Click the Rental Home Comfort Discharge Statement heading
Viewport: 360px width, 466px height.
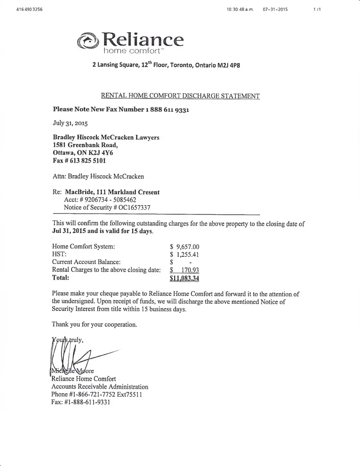pyautogui.click(x=180, y=96)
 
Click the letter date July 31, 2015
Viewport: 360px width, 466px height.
pyautogui.click(x=70, y=123)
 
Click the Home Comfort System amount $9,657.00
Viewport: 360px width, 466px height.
pyautogui.click(x=185, y=247)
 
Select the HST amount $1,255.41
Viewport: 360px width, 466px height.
pyautogui.click(x=185, y=254)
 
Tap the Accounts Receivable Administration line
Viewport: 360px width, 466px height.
pyautogui.click(x=100, y=387)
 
